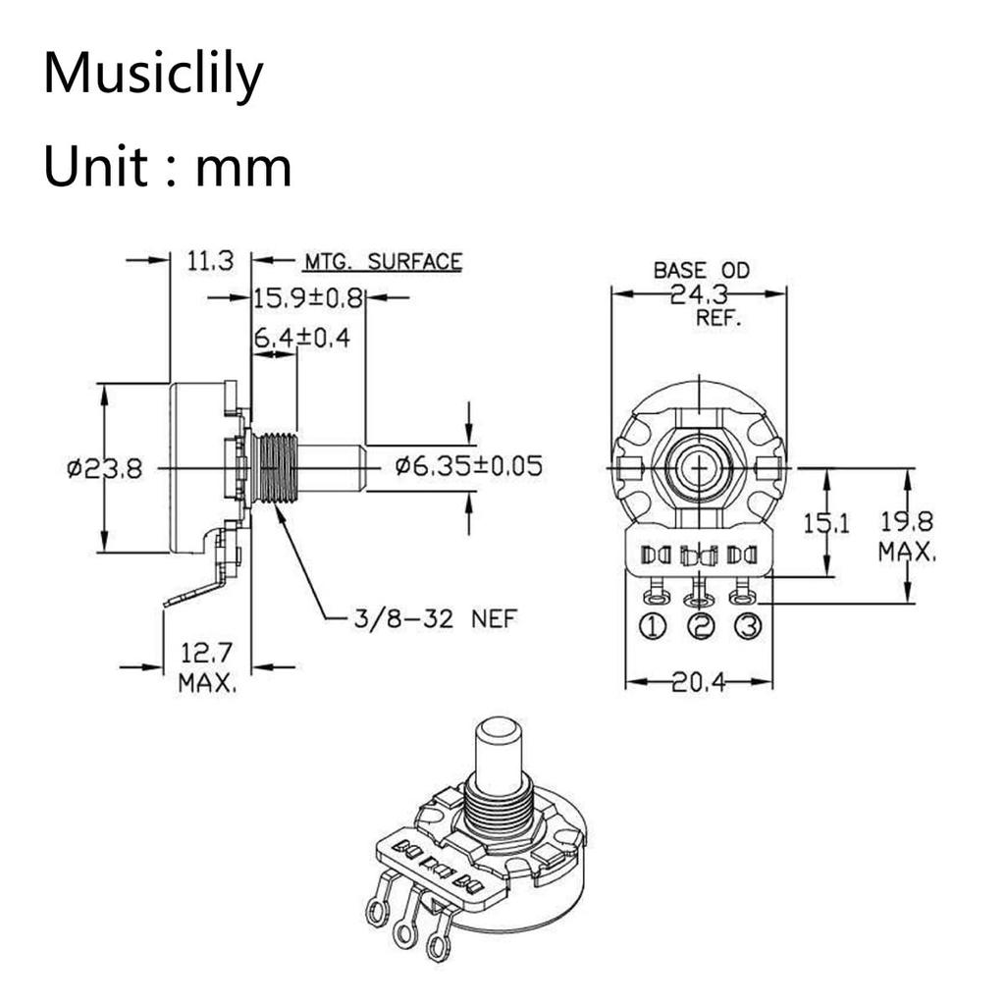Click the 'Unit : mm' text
point(167,166)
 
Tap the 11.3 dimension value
point(209,261)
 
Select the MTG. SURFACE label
point(382,262)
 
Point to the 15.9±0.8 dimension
point(308,297)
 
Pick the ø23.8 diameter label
point(104,469)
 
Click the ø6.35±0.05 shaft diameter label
point(468,465)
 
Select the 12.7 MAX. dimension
point(207,667)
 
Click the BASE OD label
point(701,269)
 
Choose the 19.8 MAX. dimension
point(907,536)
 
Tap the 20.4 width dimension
point(698,683)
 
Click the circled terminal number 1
point(654,626)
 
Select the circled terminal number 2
point(700,626)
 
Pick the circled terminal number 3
point(746,626)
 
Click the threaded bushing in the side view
point(274,469)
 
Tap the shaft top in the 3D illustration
point(499,731)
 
